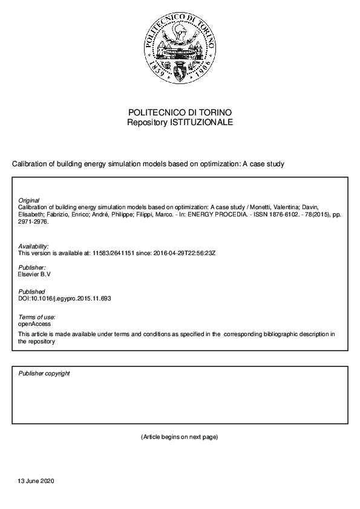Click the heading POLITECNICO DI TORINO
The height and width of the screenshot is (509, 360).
pyautogui.click(x=180, y=112)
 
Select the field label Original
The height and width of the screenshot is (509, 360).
pyautogui.click(x=29, y=200)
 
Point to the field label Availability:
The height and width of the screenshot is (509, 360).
pyautogui.click(x=34, y=247)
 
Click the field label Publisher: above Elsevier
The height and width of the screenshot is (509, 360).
pyautogui.click(x=32, y=267)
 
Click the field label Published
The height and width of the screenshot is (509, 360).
pyautogui.click(x=31, y=291)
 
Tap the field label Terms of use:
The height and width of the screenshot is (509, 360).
pyautogui.click(x=37, y=317)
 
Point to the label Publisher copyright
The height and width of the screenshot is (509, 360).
pyautogui.click(x=44, y=374)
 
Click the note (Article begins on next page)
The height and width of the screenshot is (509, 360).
pyautogui.click(x=180, y=436)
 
